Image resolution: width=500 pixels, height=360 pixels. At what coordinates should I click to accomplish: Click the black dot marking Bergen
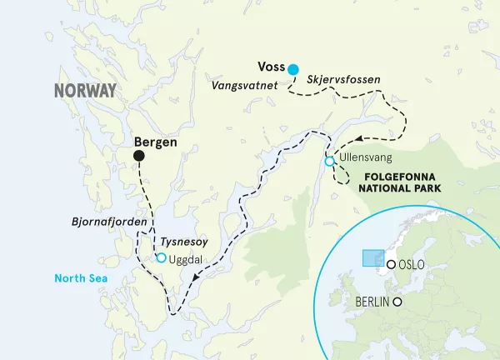point(138,157)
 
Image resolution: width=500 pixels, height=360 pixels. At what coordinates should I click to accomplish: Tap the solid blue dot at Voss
point(292,68)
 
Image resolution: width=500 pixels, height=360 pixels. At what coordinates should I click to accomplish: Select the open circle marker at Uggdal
point(160,258)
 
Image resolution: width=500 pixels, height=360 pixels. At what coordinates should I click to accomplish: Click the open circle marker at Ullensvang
point(329,161)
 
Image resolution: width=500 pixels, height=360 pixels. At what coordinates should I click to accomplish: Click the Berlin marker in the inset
point(398,302)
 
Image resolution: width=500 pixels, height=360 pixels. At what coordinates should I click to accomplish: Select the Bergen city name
point(156,142)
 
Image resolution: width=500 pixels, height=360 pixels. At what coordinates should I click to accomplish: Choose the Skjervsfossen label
point(344,80)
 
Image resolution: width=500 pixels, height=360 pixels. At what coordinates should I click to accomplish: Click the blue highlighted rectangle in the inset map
point(372,257)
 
